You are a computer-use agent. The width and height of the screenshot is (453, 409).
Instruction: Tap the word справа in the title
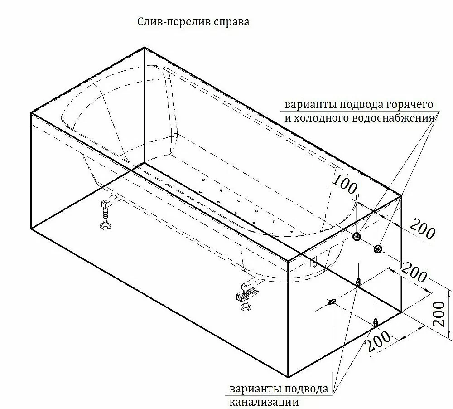click(231, 23)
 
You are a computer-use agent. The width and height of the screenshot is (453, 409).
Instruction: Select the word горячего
click(410, 105)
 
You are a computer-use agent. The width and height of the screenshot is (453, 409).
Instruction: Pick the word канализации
click(264, 402)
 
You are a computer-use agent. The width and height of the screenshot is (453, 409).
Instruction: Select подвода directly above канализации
click(307, 389)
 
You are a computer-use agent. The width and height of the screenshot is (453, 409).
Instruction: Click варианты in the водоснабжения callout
click(311, 105)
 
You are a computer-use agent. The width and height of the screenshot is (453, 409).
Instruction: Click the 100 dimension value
click(345, 185)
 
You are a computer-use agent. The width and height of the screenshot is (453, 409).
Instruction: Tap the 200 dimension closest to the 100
click(422, 229)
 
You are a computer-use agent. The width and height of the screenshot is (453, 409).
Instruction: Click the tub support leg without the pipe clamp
click(105, 215)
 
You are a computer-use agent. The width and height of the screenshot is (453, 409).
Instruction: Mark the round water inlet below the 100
click(357, 237)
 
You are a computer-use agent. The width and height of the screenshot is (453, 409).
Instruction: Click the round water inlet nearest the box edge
click(377, 248)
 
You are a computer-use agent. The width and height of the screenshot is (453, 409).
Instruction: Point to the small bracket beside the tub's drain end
click(313, 263)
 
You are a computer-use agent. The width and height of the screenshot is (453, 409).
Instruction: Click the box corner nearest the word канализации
click(288, 377)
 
